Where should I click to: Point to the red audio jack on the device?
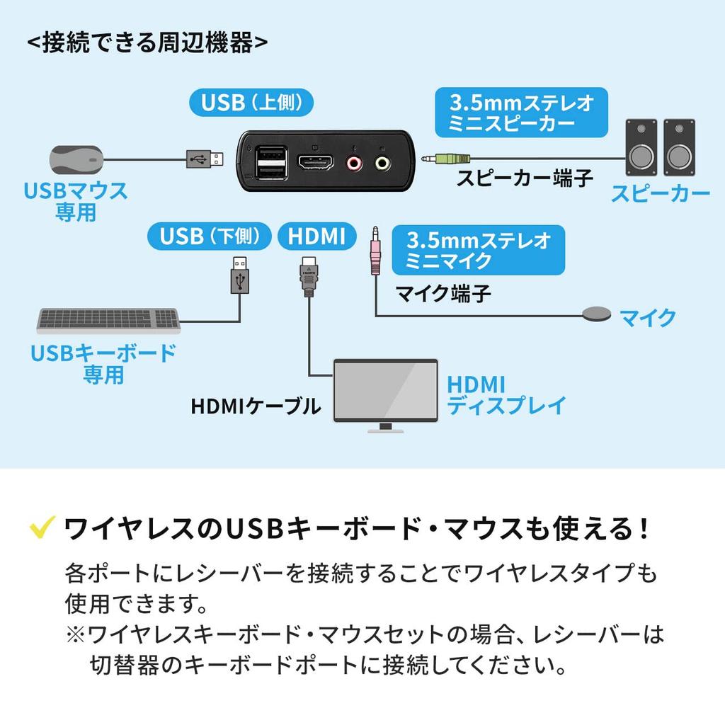coord(353,164)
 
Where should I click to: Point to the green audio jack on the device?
coord(382,164)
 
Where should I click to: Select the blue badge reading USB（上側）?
coord(252,103)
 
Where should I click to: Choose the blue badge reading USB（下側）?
coord(210,236)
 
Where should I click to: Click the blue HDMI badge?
coord(316,236)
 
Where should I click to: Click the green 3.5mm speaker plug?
coord(445,160)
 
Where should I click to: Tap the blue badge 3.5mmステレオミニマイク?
coord(478,250)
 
